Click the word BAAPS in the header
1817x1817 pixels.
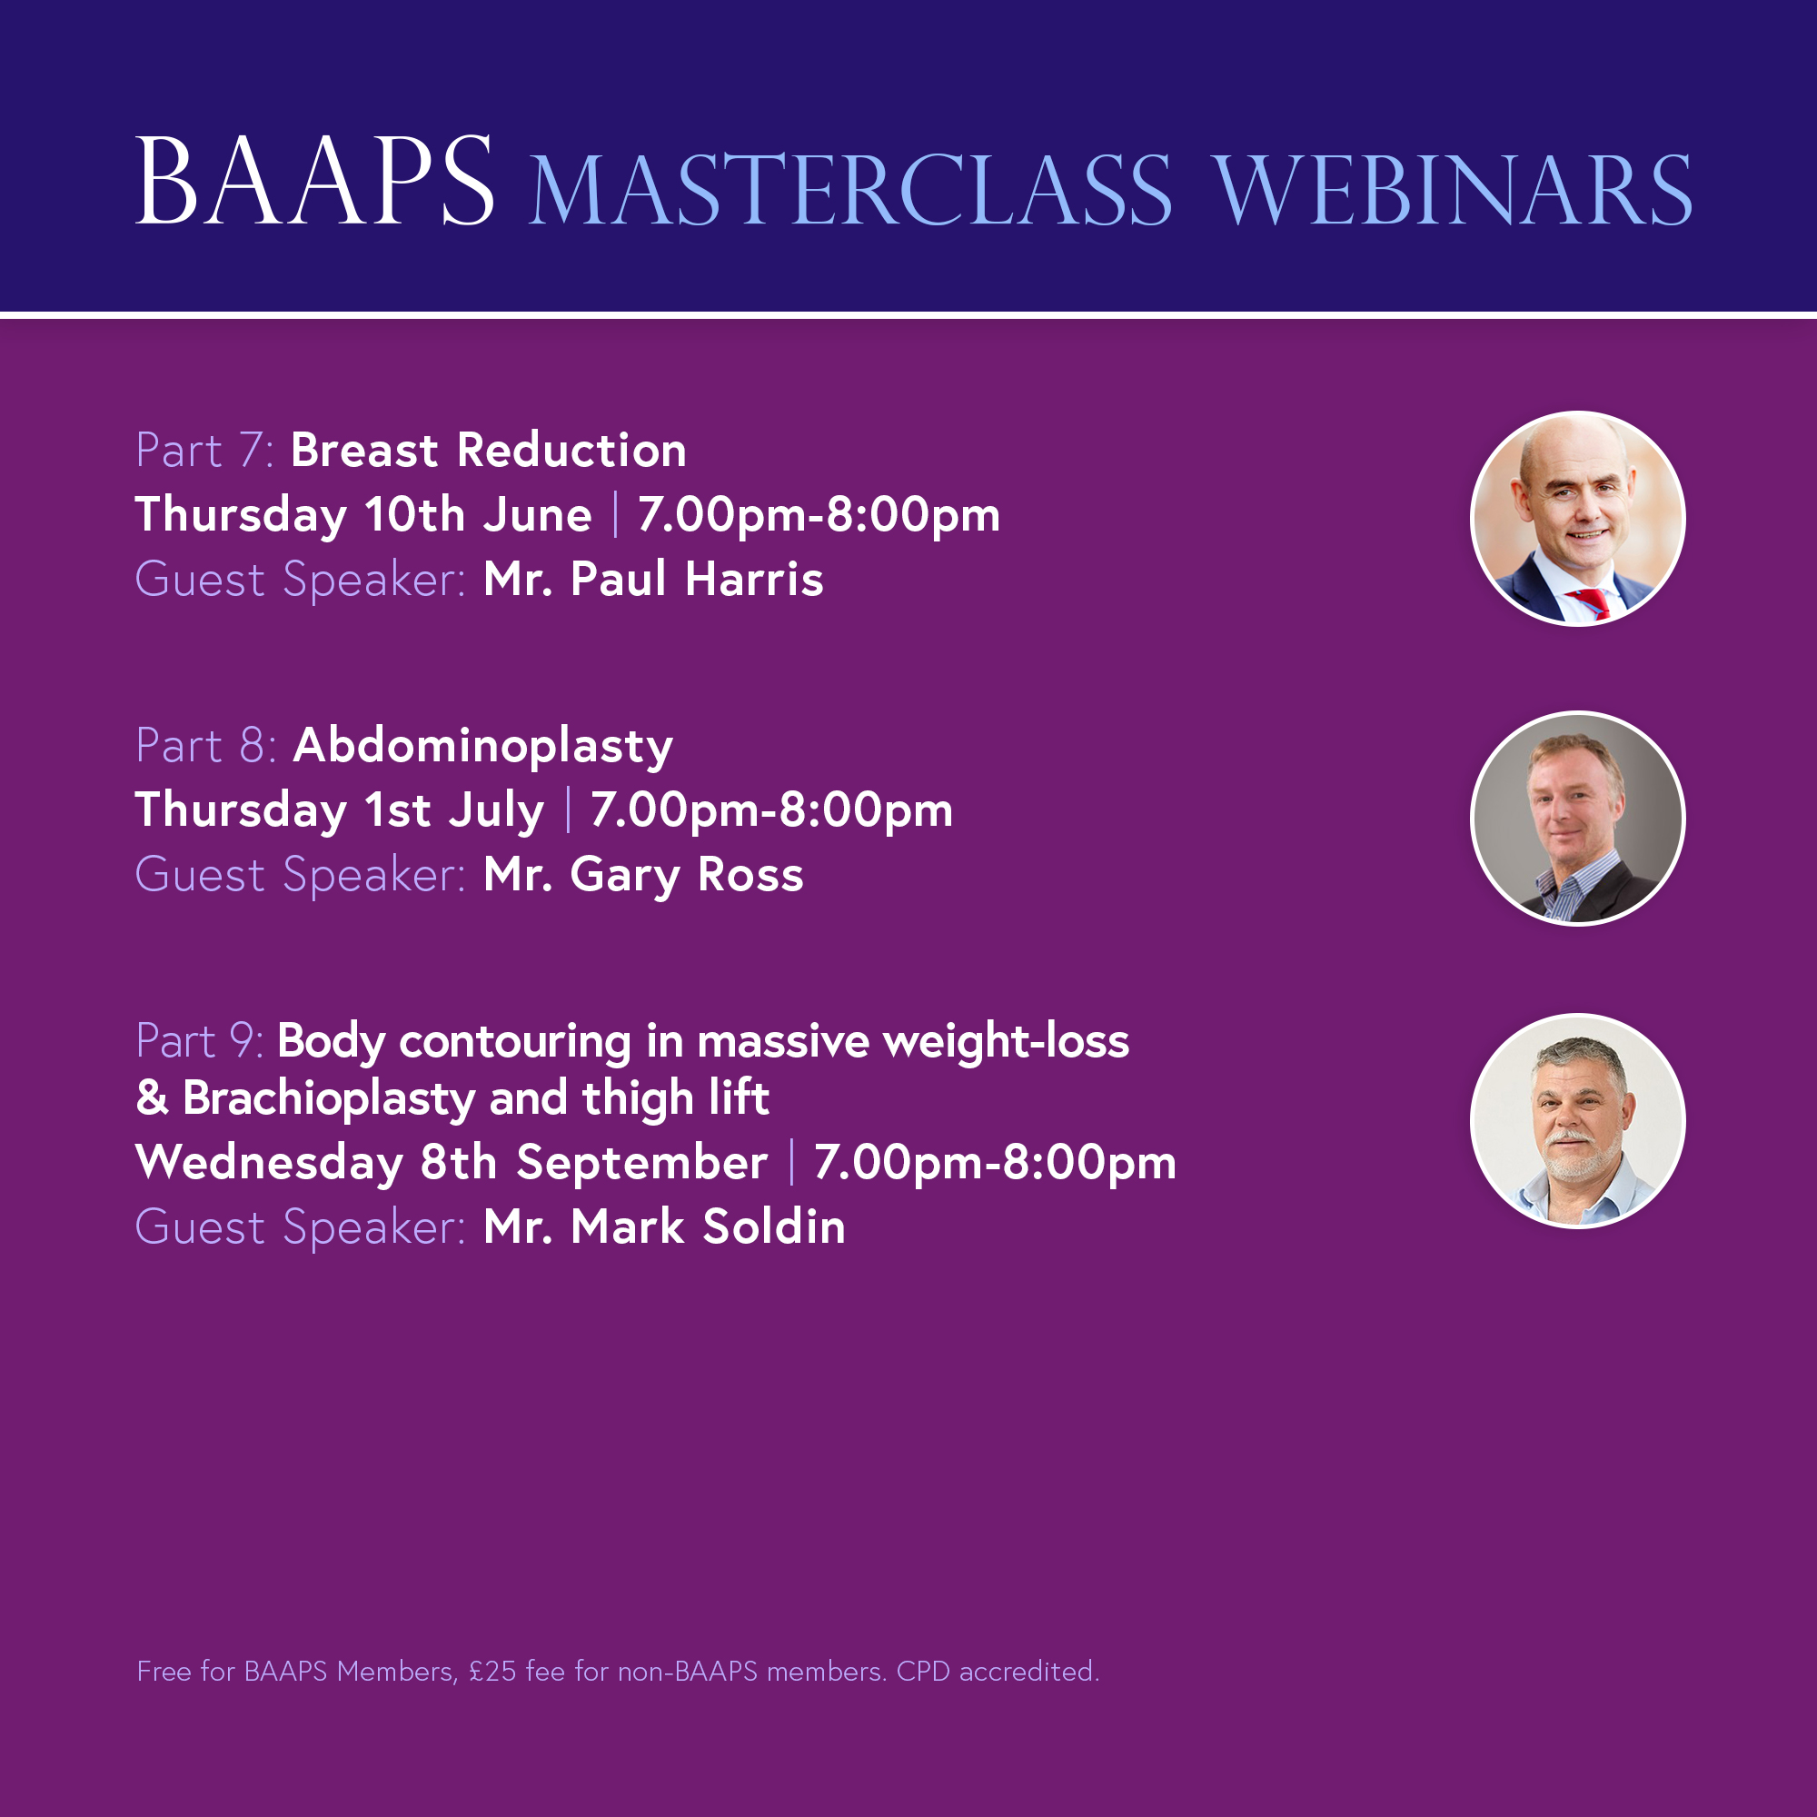[315, 181]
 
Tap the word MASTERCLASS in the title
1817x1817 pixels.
[851, 191]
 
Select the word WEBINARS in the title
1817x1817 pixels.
[1452, 191]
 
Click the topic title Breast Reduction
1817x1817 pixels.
[488, 451]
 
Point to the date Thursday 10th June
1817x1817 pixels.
[364, 515]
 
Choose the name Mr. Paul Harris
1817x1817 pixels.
[653, 580]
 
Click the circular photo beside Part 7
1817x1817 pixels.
[1577, 519]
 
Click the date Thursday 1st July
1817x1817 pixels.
[340, 810]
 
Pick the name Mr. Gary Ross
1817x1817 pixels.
[643, 876]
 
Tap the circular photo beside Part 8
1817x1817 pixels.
[1577, 819]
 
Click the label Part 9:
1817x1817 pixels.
[199, 1041]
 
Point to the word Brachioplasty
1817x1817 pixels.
[328, 1099]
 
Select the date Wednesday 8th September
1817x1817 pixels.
[452, 1164]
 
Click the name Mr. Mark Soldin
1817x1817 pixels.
[664, 1227]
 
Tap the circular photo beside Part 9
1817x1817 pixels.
[1577, 1121]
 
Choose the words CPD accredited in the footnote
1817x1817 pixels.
[998, 1672]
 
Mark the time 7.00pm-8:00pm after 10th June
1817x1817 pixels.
[819, 515]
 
